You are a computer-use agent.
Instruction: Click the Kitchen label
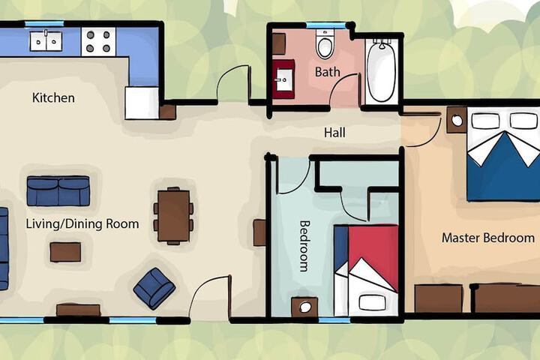point(53,97)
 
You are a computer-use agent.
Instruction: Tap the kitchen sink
point(46,41)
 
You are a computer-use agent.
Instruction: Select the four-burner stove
point(98,42)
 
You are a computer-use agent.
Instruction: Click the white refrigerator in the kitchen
point(142,103)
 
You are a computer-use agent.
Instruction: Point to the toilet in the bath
point(325,44)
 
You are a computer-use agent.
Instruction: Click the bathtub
point(381,71)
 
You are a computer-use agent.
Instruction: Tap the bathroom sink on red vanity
point(284,79)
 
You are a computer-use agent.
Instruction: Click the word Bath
point(328,72)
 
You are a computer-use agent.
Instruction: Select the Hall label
point(334,133)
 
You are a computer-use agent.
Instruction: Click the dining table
point(173,216)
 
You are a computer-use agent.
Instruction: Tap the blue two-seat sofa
point(58,191)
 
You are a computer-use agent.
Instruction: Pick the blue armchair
point(154,288)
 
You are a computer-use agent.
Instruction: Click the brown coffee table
point(65,252)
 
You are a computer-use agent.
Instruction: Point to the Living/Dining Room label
point(82,224)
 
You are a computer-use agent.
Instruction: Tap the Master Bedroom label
point(488,238)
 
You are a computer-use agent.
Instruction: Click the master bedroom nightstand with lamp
point(457,120)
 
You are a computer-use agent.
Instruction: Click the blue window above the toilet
point(325,25)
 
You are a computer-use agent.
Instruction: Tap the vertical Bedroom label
point(304,246)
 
